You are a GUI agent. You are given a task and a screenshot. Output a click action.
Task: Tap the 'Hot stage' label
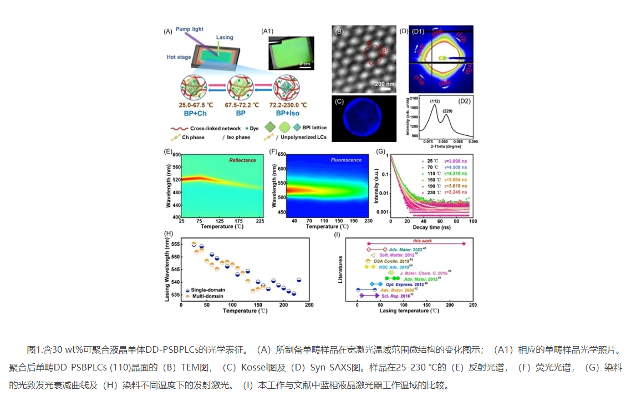179,57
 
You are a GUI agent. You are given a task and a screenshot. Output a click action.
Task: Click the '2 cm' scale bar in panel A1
304,64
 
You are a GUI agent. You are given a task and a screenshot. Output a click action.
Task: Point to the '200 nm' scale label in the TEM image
384,83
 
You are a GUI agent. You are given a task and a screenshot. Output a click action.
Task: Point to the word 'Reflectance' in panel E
242,160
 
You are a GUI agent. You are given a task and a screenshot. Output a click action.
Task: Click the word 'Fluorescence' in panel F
345,160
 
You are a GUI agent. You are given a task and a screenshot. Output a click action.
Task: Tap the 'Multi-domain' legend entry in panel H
208,297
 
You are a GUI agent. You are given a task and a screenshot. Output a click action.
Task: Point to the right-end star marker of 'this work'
464,243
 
